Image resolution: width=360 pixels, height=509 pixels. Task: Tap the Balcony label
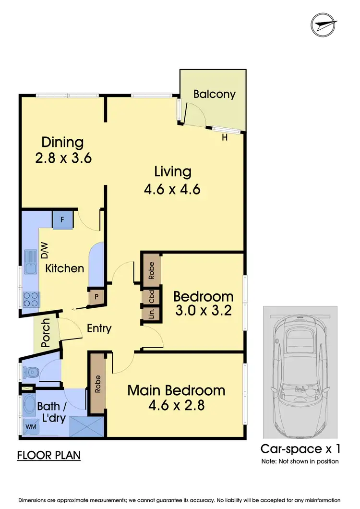tap(214, 94)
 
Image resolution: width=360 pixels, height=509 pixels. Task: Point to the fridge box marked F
tap(62, 221)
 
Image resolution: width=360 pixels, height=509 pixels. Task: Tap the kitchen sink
tap(30, 270)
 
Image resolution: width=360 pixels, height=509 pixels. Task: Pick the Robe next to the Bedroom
tap(151, 270)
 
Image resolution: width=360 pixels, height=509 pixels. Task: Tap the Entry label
tap(99, 329)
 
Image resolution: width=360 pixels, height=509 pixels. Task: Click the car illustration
tap(300, 372)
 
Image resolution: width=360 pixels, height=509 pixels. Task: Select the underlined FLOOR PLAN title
tap(48, 455)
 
